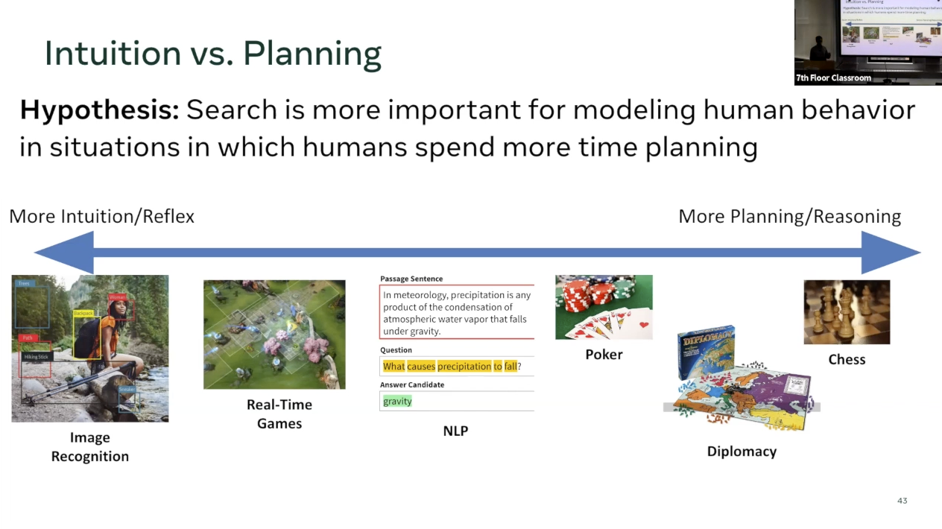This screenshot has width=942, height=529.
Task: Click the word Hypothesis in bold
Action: (x=99, y=110)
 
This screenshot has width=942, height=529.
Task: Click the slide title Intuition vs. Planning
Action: (x=213, y=54)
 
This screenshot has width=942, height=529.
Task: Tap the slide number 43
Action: (x=902, y=501)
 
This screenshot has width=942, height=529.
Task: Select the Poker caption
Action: (x=604, y=355)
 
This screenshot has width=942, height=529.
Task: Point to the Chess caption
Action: (x=847, y=359)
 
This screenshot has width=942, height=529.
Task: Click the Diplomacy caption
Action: (x=742, y=452)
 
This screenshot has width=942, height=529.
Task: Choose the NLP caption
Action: (x=455, y=431)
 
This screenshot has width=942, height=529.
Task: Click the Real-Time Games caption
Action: (x=279, y=414)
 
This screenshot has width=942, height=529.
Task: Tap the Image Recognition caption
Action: (x=90, y=447)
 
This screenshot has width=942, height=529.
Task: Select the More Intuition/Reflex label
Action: (x=101, y=217)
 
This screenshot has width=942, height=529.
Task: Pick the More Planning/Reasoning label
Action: (x=789, y=217)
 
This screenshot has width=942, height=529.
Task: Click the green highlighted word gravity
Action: (x=397, y=402)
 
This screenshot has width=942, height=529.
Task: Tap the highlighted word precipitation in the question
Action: (x=464, y=367)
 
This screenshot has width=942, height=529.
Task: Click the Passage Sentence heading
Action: (x=411, y=279)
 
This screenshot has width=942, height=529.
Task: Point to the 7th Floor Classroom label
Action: (x=833, y=78)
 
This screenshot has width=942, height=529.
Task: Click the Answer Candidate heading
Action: (x=412, y=385)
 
